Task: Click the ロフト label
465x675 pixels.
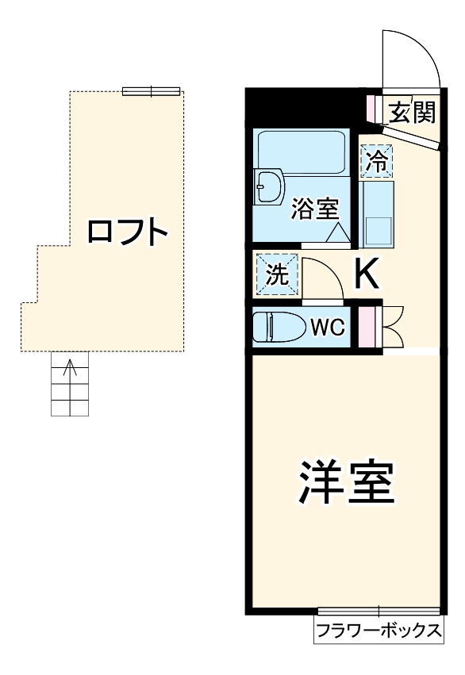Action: (x=127, y=232)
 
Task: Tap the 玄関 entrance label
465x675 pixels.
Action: (x=412, y=113)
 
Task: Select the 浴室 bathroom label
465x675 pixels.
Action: (x=315, y=209)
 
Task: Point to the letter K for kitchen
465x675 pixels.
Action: (x=367, y=275)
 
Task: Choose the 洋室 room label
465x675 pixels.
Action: (x=346, y=482)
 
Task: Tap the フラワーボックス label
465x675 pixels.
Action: (x=379, y=631)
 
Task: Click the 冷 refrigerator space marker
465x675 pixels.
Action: (x=376, y=163)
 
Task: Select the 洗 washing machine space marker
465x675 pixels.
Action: (x=277, y=275)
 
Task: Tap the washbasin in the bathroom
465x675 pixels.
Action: (x=270, y=189)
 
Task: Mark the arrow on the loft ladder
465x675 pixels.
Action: (x=70, y=369)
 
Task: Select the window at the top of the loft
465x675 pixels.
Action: (x=151, y=91)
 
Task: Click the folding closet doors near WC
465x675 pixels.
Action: (x=393, y=326)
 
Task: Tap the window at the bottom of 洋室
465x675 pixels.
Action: (x=379, y=612)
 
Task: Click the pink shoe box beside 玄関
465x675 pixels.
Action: (x=372, y=106)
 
